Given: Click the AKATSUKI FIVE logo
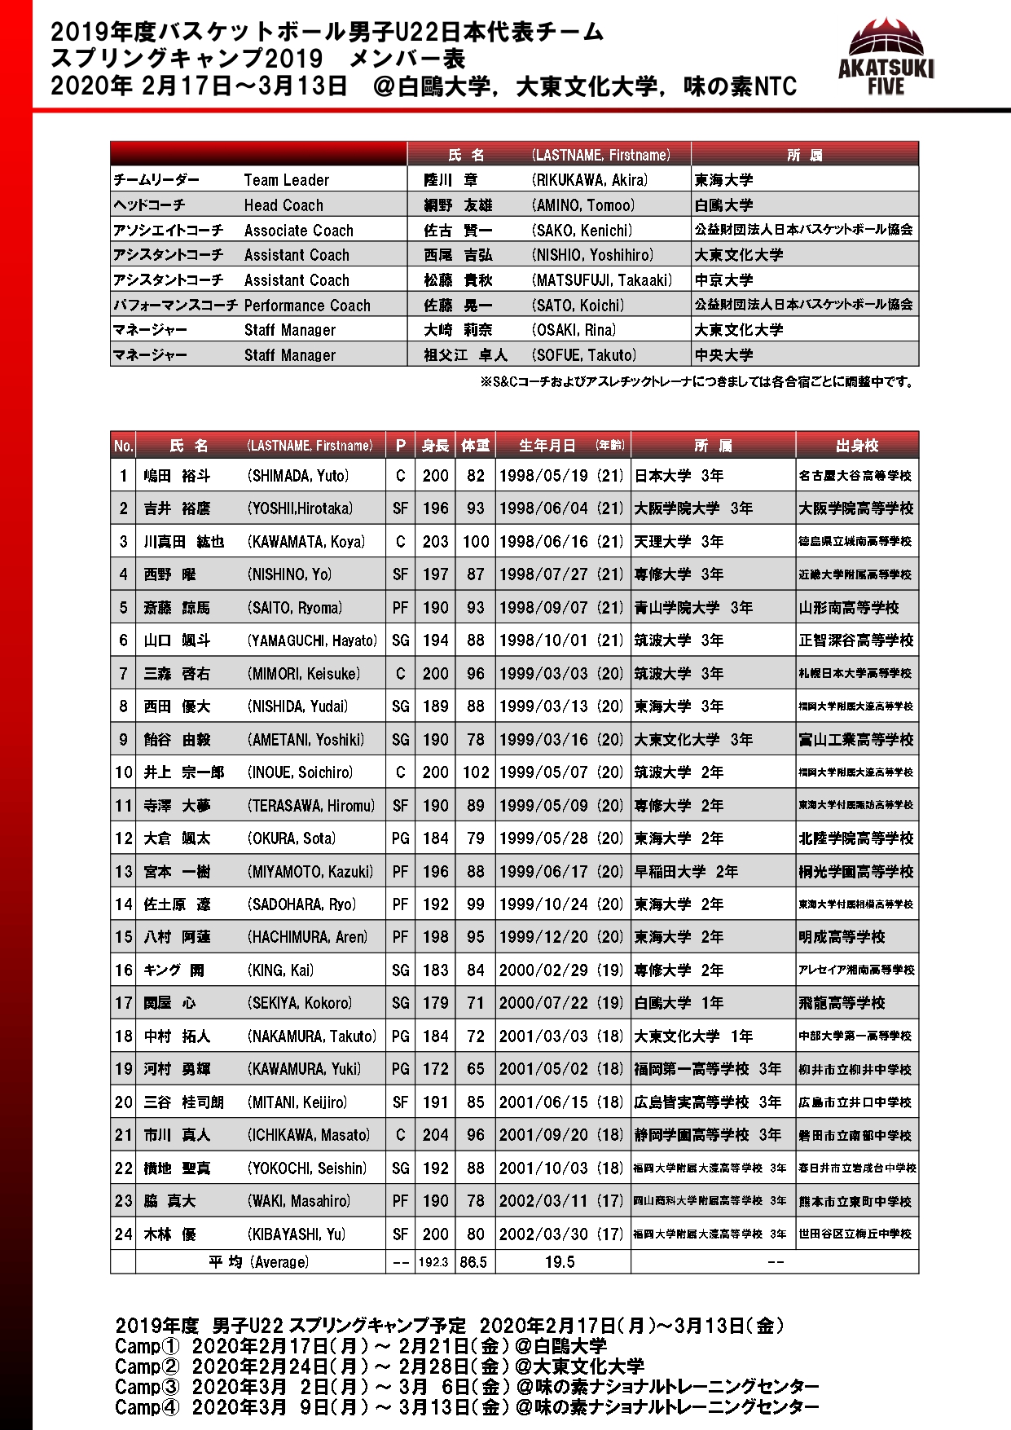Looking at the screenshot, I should [886, 56].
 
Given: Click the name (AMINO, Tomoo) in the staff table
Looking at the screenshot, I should [582, 205].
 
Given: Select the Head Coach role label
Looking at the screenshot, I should [284, 205].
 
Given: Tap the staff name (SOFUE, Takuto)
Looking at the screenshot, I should [584, 355].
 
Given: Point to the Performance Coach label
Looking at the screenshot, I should [307, 306].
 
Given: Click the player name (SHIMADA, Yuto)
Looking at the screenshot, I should [298, 476].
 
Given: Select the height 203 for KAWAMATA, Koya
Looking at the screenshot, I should [435, 542].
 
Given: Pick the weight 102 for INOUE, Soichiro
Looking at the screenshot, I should [476, 772].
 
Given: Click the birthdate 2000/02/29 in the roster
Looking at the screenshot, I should [543, 970].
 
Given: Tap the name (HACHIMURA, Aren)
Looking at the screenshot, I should [307, 937].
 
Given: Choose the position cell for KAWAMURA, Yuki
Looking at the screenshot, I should [400, 1069].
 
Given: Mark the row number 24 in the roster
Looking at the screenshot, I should [123, 1234].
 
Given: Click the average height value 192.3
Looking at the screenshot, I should [433, 1262].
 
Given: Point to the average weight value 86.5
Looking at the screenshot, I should [473, 1262].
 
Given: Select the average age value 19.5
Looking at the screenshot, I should [560, 1262].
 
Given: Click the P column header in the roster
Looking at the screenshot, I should [400, 446].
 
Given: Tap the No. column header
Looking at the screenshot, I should [123, 446].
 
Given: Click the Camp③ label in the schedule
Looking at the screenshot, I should [147, 1387].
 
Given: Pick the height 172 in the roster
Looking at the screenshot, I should [435, 1069].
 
